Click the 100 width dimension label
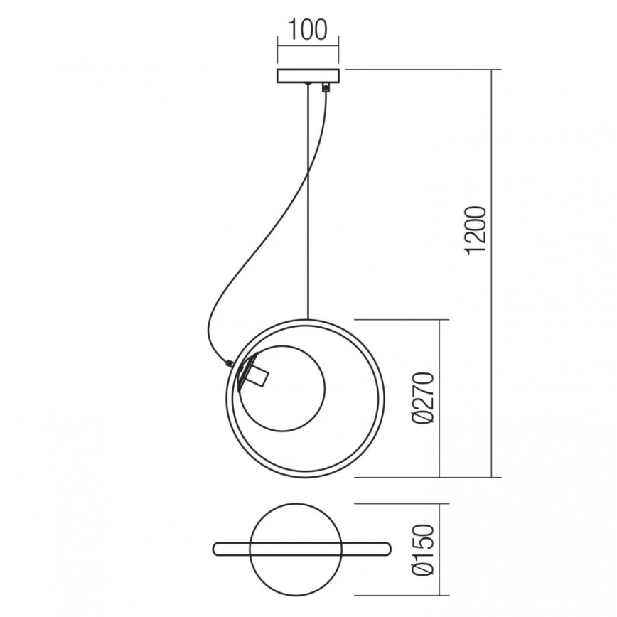[x=307, y=31]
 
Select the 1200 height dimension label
[x=475, y=229]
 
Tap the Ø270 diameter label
[x=424, y=397]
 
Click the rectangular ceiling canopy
[x=308, y=76]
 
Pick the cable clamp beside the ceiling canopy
[x=326, y=88]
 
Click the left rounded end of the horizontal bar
[x=218, y=549]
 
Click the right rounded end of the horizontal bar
[x=387, y=549]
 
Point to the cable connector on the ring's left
[x=228, y=363]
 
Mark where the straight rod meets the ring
[x=308, y=319]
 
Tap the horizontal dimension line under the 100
[x=308, y=47]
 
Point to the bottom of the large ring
[x=305, y=474]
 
